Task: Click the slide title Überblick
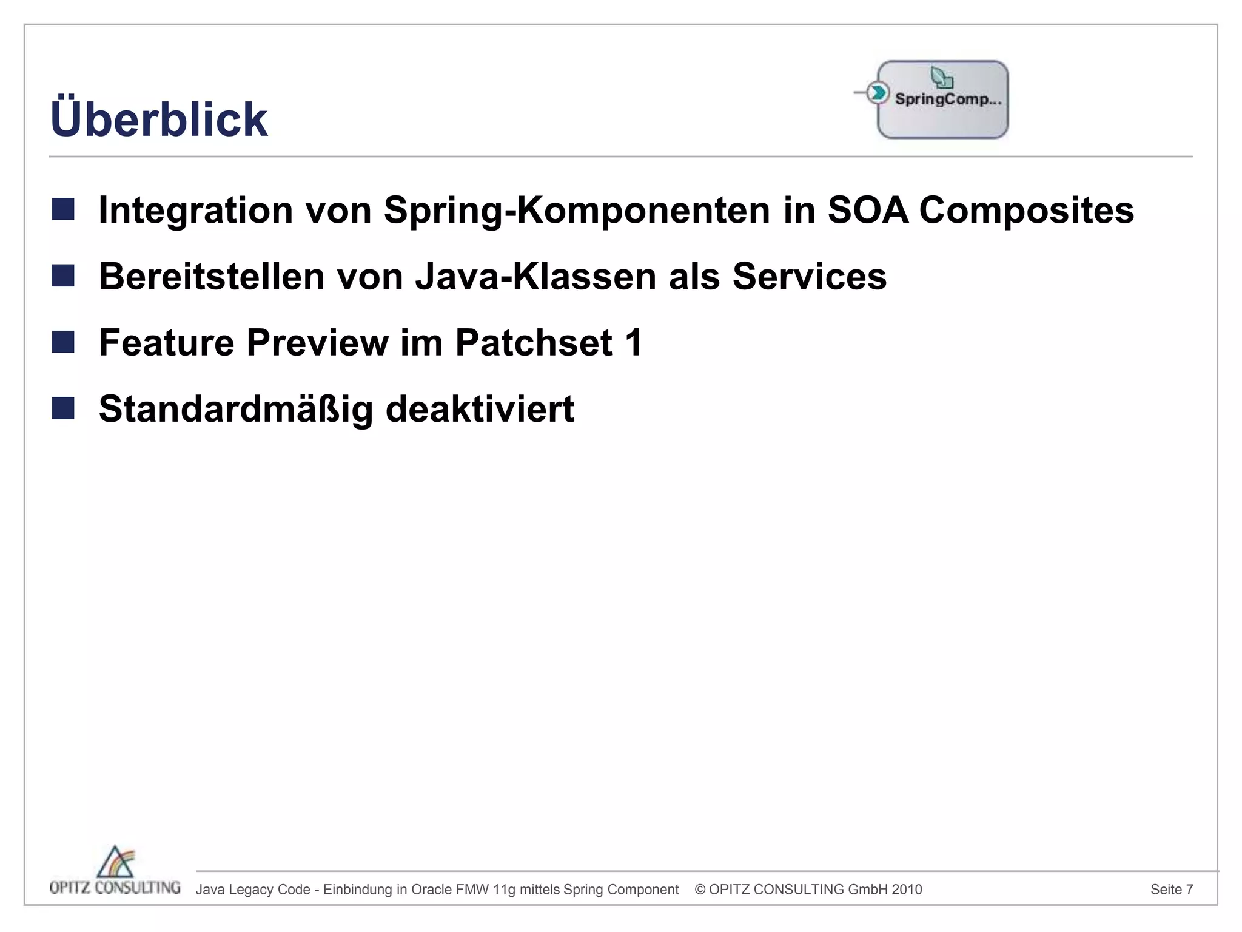159,119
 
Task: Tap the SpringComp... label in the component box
948,100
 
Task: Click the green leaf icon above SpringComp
942,78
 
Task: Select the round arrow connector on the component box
877,93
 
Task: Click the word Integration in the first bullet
196,210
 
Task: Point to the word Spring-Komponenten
577,210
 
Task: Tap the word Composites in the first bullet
1026,210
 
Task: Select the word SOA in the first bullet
868,210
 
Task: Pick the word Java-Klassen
535,277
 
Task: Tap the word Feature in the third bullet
166,343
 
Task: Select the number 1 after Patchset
634,343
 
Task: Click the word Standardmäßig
235,409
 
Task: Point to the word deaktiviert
480,409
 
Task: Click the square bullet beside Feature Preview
63,342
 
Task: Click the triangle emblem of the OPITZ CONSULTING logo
116,862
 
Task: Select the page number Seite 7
1172,890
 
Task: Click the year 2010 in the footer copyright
907,890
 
